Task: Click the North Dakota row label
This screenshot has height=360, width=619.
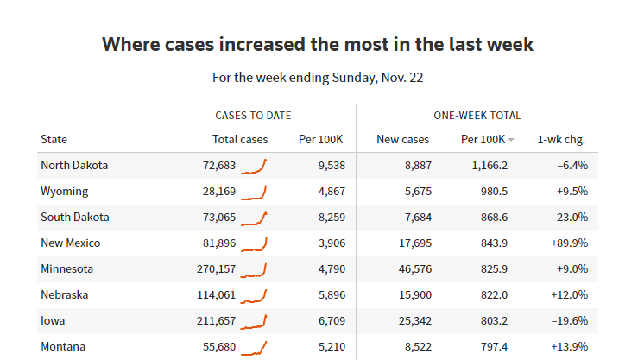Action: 74,165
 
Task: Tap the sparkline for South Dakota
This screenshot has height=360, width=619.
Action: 254,217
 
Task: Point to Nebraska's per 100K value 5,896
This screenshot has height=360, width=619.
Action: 325,294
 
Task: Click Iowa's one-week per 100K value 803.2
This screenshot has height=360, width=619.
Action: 490,320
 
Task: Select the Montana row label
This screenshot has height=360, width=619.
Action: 64,346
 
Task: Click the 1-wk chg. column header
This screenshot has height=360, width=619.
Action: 562,139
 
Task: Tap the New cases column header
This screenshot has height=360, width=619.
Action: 402,139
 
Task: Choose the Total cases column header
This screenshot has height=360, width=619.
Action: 240,139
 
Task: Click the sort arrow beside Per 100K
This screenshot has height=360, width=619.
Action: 511,140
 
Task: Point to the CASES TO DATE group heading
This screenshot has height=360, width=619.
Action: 253,115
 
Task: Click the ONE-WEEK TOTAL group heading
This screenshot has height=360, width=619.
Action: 477,115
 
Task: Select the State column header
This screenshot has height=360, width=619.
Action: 54,139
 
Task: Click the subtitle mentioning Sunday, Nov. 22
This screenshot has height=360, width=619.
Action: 318,78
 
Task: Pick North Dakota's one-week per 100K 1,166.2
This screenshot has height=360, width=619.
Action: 484,165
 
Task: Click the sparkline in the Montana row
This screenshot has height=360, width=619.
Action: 254,347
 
